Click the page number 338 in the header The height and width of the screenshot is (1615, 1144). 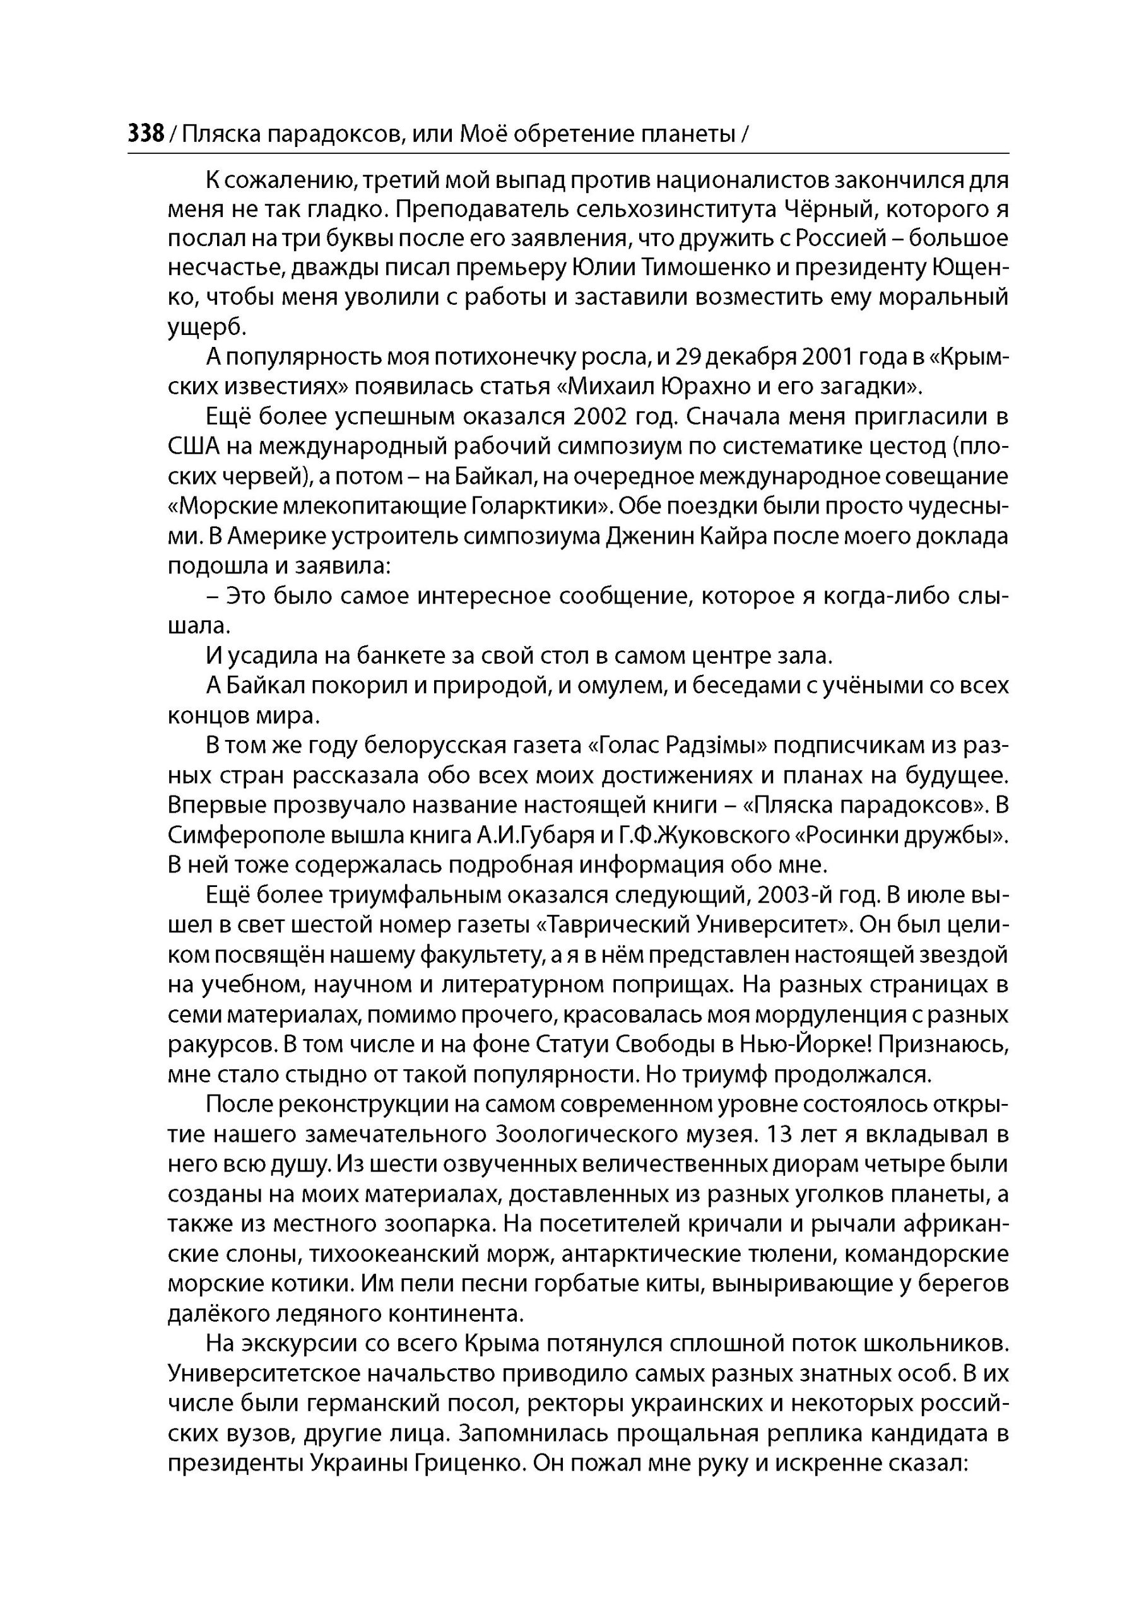pos(146,132)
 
